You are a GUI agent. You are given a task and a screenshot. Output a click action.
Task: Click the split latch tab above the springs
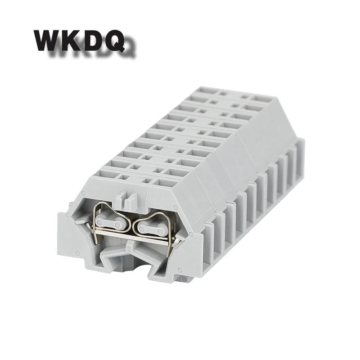pyautogui.click(x=126, y=199)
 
